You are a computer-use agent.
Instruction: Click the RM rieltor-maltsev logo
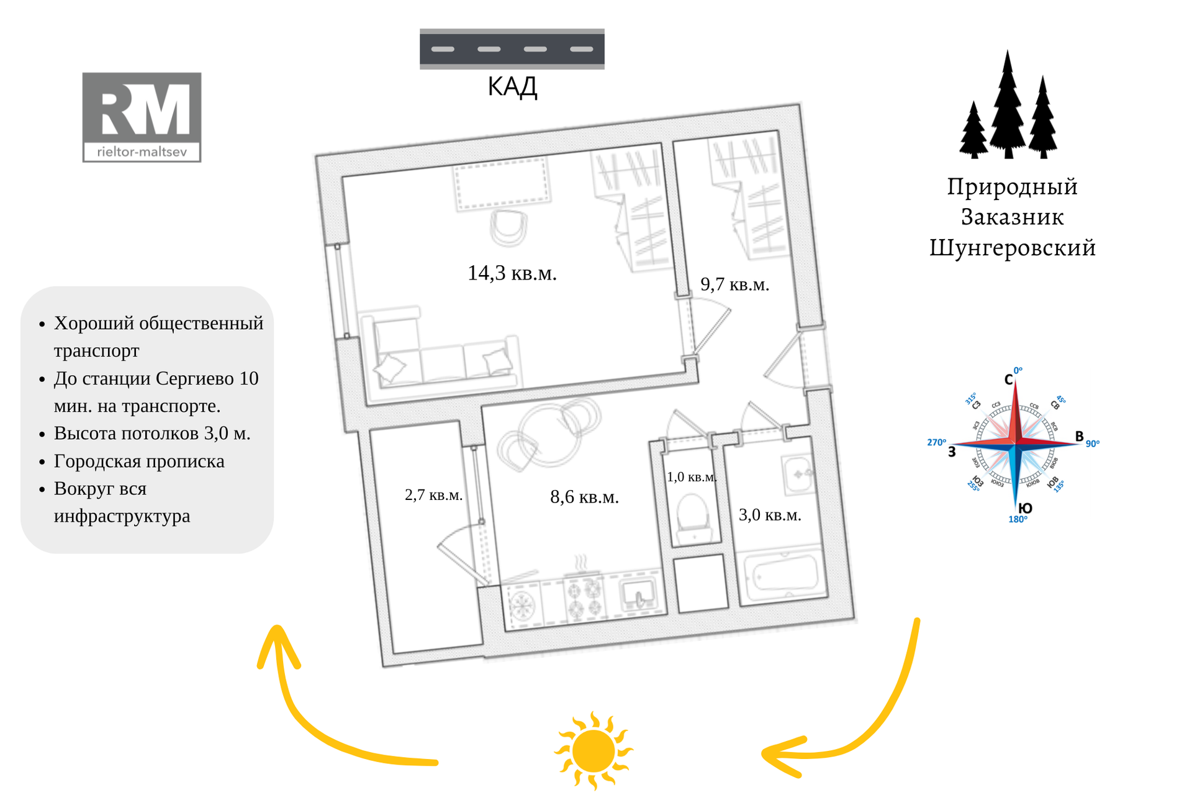coord(142,117)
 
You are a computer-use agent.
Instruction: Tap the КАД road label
coord(512,87)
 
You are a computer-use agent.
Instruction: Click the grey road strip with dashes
coord(512,48)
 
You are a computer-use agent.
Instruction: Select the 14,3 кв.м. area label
coord(512,273)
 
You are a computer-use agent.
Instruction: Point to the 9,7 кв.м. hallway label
coord(734,284)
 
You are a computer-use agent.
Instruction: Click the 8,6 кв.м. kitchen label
coord(584,497)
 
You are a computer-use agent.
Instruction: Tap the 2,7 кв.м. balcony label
coord(433,495)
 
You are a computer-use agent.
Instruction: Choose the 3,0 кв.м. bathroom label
coord(770,515)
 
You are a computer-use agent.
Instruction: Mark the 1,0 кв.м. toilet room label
coord(691,477)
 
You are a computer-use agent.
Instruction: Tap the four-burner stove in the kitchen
coord(584,597)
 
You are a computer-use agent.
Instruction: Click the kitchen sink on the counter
coord(638,593)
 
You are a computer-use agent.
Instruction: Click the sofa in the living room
coord(444,354)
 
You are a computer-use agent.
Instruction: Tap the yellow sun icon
coord(594,751)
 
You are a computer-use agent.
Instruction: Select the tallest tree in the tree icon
coord(1008,106)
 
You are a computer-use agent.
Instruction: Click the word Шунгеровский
coord(1012,248)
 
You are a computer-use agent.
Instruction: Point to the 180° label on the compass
coord(1018,520)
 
